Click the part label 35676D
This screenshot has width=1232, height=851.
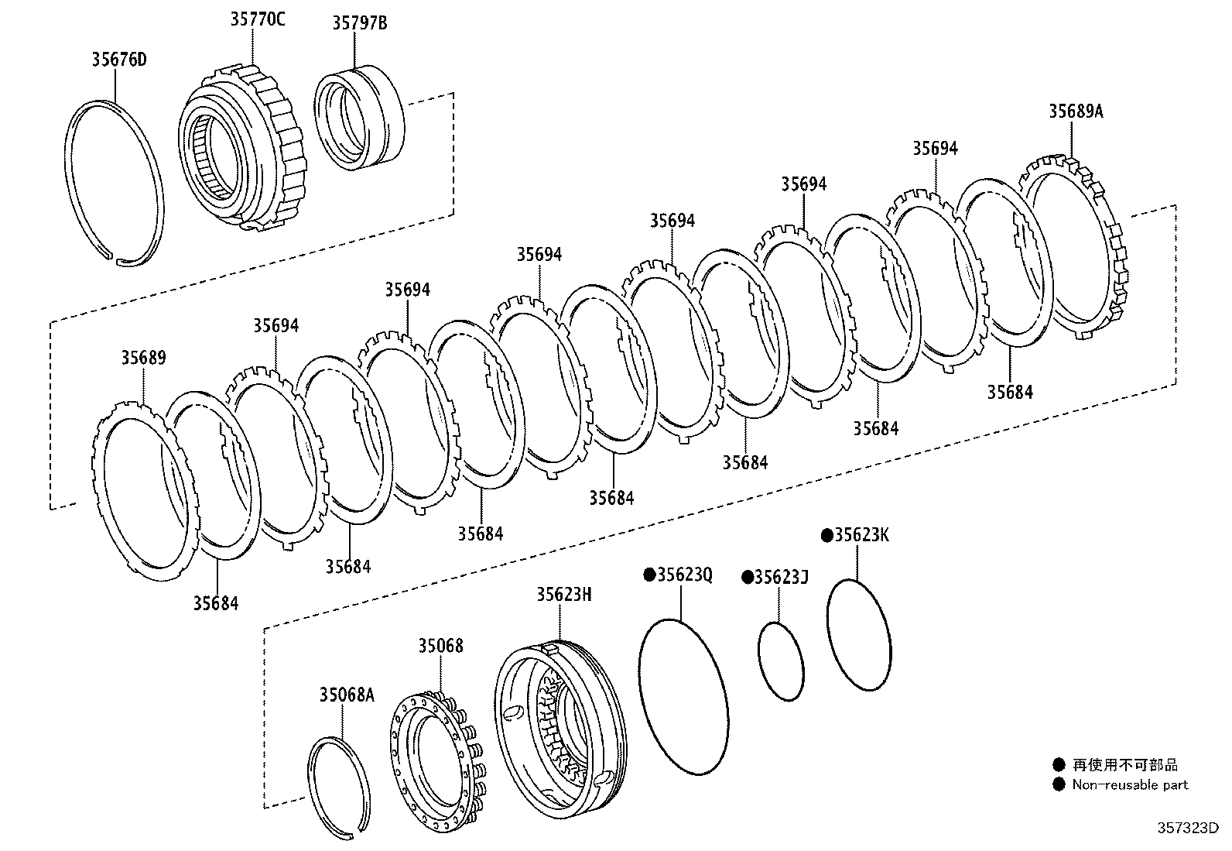(118, 60)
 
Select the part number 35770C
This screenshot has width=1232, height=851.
(257, 19)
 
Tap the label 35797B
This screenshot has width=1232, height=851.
(359, 24)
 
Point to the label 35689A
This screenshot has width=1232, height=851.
(1076, 111)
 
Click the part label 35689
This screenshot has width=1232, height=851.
(143, 358)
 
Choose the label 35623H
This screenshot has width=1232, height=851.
(564, 594)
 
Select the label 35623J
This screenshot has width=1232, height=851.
(781, 577)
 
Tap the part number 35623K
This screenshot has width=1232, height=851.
(861, 535)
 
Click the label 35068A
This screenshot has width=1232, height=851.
(346, 695)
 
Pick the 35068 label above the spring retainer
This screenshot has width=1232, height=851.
(441, 645)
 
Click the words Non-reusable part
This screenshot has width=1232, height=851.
(1130, 784)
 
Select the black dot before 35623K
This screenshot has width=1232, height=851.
(826, 535)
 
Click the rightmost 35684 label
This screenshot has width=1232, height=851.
(1009, 392)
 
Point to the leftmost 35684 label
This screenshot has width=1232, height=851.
(216, 602)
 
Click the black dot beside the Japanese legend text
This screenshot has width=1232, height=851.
(1058, 765)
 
